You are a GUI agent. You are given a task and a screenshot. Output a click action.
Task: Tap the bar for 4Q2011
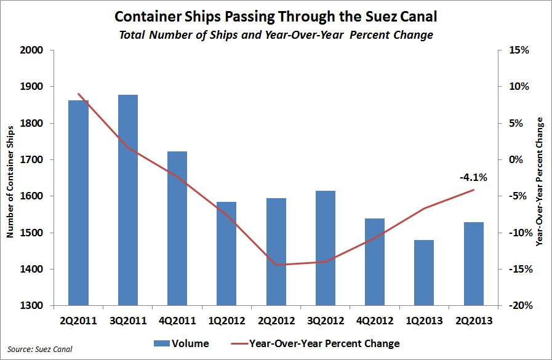[177, 228]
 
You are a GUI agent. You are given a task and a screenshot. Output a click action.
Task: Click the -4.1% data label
[473, 177]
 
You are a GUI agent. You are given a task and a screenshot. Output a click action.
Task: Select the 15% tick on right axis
[516, 50]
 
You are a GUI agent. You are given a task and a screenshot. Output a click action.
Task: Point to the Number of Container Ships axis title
[10, 178]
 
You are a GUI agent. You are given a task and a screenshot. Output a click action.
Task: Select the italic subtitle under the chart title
[276, 34]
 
